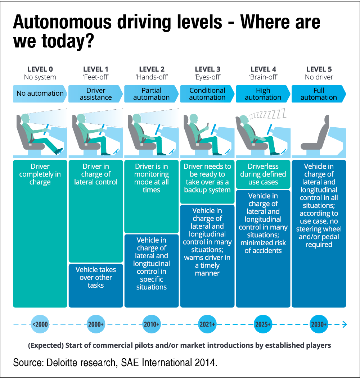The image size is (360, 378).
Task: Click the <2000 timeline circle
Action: point(40,324)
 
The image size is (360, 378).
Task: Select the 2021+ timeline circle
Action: point(207,324)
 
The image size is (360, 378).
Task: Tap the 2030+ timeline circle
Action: point(319,324)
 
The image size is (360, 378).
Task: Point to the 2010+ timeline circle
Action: point(151,324)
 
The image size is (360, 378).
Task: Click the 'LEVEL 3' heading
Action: point(207,69)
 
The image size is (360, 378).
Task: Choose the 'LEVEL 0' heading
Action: point(40,69)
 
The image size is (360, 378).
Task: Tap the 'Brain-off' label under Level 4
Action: point(263,77)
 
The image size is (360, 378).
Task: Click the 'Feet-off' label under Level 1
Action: point(96,77)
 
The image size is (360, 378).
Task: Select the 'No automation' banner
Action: point(40,94)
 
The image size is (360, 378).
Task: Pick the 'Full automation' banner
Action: point(319,94)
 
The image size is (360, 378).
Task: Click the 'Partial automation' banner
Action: point(151,94)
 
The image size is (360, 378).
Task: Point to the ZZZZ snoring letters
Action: point(268,115)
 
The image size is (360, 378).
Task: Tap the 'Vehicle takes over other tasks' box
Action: point(96,278)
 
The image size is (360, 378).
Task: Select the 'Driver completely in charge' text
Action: point(40,174)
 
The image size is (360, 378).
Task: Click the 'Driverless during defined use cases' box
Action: point(263,174)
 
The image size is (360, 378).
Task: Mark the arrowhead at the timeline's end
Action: point(345,324)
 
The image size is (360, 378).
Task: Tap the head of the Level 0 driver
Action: point(26,119)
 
